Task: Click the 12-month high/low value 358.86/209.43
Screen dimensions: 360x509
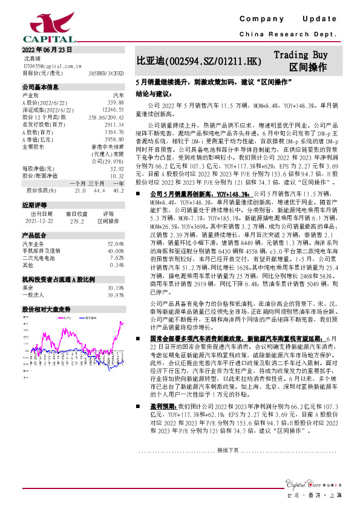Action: click(106, 117)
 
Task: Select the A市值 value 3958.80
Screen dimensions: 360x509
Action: click(114, 138)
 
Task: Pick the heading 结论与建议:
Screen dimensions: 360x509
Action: click(155, 94)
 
